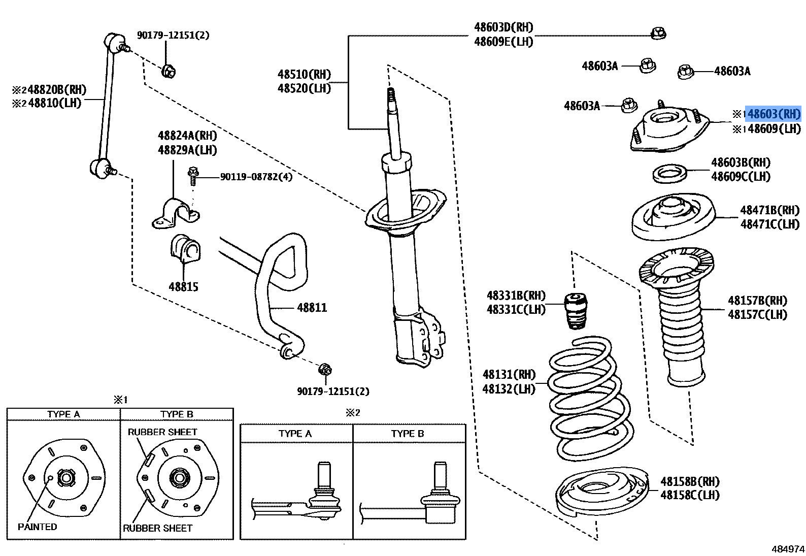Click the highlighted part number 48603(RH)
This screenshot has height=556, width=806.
[773, 114]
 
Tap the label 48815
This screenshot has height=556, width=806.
[183, 287]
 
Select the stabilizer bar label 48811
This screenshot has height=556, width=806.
[312, 308]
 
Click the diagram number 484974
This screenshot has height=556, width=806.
[788, 549]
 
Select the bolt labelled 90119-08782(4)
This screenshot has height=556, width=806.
[193, 176]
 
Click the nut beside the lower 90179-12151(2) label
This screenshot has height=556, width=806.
[325, 370]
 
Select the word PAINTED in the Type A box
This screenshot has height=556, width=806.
[37, 527]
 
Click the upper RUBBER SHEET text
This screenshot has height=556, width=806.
[162, 432]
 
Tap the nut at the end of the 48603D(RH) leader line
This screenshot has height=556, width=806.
[658, 34]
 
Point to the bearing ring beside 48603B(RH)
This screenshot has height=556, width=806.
[669, 174]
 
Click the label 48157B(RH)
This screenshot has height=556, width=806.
[757, 301]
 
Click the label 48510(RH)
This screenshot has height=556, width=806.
[304, 75]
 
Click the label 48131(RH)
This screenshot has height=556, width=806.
[509, 375]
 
